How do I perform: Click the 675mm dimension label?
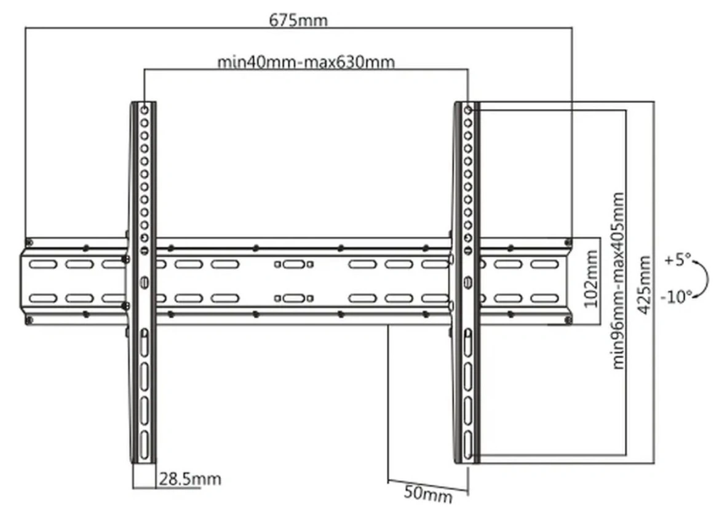click(x=298, y=20)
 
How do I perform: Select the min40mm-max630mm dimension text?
click(x=306, y=62)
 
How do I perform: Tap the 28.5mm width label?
click(x=190, y=478)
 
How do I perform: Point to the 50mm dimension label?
click(x=428, y=494)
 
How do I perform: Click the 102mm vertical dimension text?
click(x=590, y=278)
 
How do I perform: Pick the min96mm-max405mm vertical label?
click(x=618, y=281)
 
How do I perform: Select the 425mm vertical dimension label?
click(x=644, y=285)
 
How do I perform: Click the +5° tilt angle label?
click(x=677, y=260)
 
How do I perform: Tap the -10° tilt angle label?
click(x=676, y=295)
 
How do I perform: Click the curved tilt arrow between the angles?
click(x=706, y=278)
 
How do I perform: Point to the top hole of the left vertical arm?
click(x=145, y=110)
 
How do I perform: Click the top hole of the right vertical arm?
click(x=468, y=110)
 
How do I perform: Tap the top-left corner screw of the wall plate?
click(x=29, y=242)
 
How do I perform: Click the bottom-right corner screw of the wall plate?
click(x=568, y=320)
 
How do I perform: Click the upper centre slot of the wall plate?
click(x=294, y=265)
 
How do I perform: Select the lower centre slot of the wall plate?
click(x=294, y=298)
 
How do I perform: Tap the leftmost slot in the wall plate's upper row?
click(x=43, y=265)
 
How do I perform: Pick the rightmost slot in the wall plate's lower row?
click(x=545, y=298)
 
